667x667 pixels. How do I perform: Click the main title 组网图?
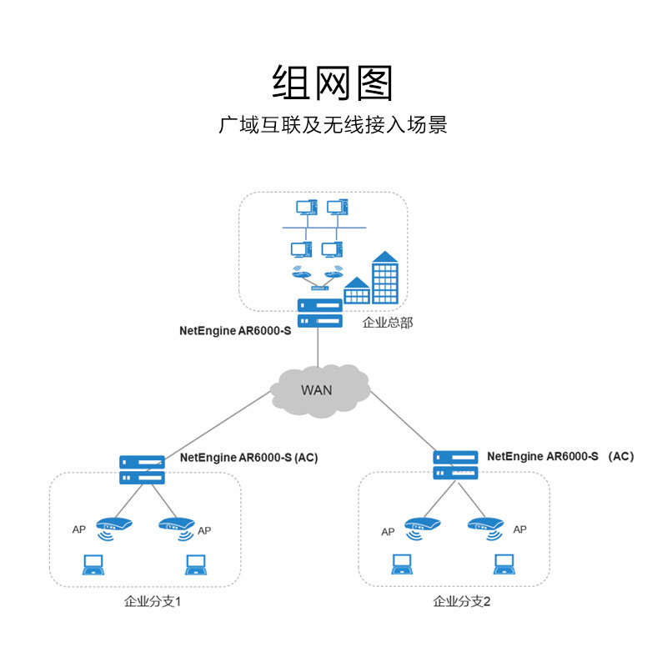click(x=332, y=83)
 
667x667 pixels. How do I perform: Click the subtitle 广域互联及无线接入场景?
click(x=333, y=125)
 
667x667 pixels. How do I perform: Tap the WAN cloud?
click(x=320, y=391)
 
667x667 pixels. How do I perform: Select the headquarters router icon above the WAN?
click(x=320, y=313)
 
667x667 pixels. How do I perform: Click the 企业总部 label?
click(x=388, y=323)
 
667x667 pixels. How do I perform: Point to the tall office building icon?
click(x=385, y=278)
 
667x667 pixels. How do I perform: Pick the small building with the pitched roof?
click(x=357, y=290)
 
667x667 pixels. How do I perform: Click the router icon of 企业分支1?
click(x=142, y=470)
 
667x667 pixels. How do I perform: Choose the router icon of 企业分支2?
click(x=455, y=465)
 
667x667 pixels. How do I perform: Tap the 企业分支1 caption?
click(x=153, y=601)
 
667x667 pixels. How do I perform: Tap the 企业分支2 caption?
click(x=462, y=601)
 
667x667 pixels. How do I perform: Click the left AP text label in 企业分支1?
click(x=78, y=529)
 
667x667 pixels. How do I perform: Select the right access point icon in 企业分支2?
click(x=486, y=528)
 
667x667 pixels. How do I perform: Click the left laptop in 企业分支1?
click(x=93, y=565)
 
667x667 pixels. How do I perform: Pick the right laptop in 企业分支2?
click(x=504, y=564)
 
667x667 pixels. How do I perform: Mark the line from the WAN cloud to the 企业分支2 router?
click(x=404, y=421)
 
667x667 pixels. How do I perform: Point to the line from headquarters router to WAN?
click(x=318, y=347)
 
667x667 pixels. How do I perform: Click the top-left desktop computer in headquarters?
click(x=307, y=207)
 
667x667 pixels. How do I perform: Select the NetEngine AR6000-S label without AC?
click(x=235, y=331)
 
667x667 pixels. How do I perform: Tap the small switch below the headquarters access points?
click(x=320, y=288)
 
